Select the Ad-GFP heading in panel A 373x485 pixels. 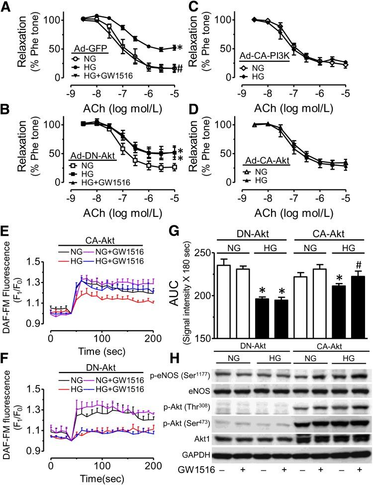(x=88, y=49)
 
